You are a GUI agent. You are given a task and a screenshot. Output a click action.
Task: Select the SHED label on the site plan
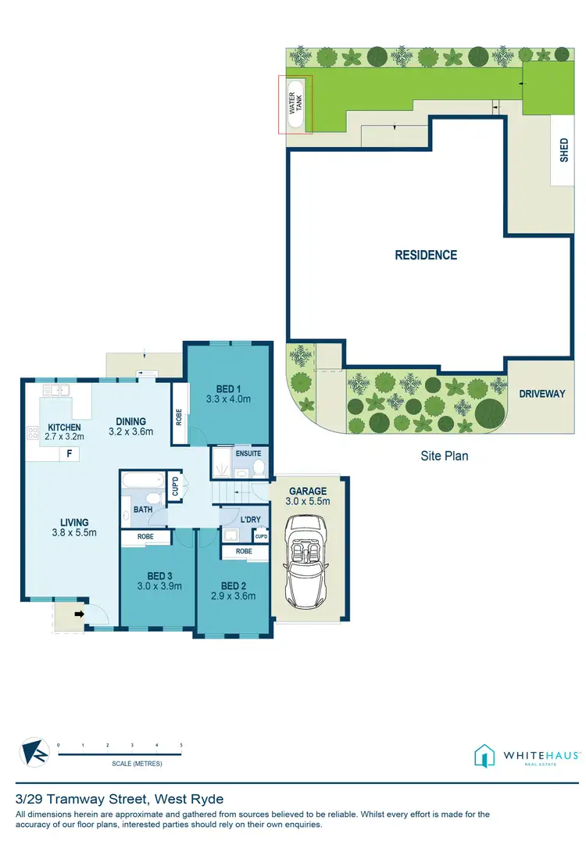tap(564, 151)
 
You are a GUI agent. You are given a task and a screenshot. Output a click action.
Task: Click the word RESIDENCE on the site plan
tap(426, 255)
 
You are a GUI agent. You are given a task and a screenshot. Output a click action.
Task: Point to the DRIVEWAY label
tap(541, 394)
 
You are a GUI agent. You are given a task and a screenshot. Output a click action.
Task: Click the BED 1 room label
tap(229, 386)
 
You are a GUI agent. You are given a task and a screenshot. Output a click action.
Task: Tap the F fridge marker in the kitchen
tap(70, 453)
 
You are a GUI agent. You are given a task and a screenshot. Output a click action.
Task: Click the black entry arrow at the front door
tap(79, 614)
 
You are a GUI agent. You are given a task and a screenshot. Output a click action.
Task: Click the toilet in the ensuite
tap(259, 467)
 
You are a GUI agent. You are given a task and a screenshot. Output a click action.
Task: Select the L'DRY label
tap(251, 519)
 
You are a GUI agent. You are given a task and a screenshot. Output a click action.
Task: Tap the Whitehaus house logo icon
tap(484, 756)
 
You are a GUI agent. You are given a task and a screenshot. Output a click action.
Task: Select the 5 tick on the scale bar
tap(181, 746)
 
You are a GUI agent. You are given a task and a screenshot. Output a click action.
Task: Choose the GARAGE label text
tap(308, 491)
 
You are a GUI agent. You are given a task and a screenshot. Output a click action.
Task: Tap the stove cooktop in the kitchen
tap(34, 431)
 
